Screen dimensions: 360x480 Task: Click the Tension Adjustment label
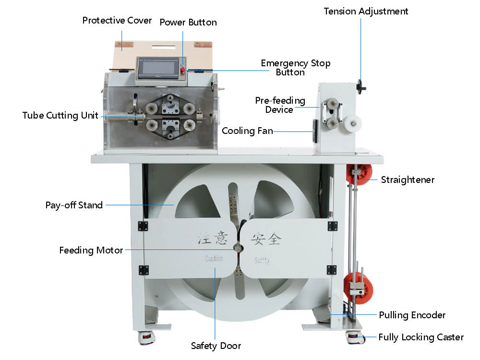[366, 11]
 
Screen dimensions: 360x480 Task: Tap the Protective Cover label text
[117, 21]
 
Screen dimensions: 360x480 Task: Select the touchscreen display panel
[158, 68]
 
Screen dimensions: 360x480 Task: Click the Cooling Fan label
[247, 130]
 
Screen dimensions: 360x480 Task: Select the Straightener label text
[407, 180]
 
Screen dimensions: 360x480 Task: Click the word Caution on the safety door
[214, 259]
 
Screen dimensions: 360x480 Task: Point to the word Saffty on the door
[262, 260]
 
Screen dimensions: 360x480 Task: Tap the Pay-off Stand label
[74, 205]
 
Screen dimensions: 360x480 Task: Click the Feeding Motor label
[91, 250]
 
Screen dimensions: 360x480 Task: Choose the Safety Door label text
[216, 346]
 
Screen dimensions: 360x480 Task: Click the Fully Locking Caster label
[420, 337]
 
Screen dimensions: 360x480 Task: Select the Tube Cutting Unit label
[60, 115]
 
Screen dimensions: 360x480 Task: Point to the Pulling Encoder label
[412, 315]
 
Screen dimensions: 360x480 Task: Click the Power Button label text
[188, 23]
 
